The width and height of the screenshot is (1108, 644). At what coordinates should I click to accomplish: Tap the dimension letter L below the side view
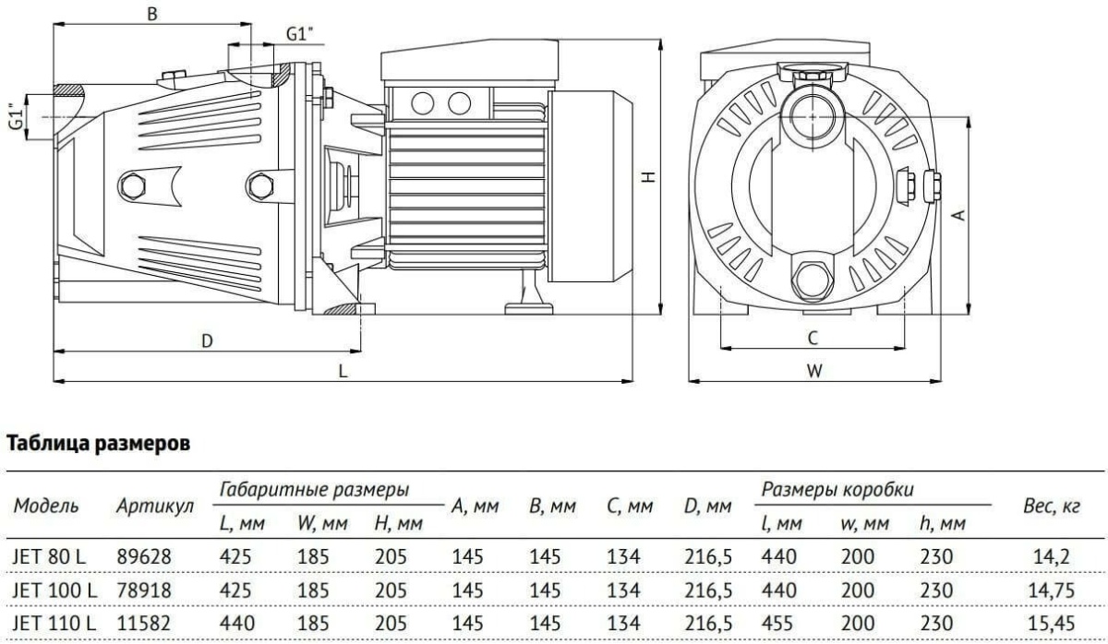click(343, 371)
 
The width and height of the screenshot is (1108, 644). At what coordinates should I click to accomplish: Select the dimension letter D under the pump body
click(209, 340)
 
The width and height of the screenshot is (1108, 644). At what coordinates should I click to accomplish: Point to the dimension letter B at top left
click(153, 13)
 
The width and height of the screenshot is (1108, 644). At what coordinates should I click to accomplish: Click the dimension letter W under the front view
click(813, 371)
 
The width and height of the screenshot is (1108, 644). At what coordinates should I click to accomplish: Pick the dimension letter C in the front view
click(813, 339)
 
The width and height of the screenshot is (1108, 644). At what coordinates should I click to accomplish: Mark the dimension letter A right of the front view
click(959, 214)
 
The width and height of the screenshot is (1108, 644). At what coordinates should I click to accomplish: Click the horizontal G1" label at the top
click(299, 34)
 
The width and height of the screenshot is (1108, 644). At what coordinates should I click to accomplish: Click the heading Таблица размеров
click(99, 445)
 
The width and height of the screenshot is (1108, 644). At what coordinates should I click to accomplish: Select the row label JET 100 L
click(55, 588)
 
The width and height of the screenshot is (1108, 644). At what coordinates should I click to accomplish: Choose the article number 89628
click(144, 557)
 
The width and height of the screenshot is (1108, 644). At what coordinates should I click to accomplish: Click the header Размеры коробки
click(840, 490)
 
